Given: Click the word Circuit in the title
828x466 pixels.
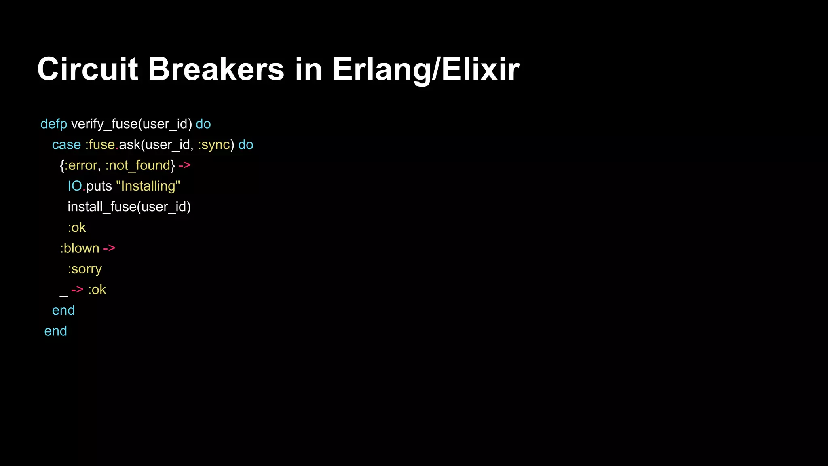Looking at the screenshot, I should click(x=87, y=69).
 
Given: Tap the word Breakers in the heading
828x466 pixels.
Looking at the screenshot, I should click(x=216, y=69).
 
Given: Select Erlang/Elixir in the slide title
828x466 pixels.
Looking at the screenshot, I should click(x=426, y=69).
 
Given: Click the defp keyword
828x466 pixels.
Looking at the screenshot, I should click(x=54, y=124).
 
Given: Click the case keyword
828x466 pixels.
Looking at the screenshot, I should click(x=66, y=145).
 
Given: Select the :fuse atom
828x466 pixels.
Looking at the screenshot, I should click(x=100, y=145).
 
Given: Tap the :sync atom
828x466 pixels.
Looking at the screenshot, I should click(x=214, y=145).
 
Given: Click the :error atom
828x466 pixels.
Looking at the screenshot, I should click(x=80, y=165).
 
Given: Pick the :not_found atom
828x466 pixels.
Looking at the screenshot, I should click(x=138, y=165).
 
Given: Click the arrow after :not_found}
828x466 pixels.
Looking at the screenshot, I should click(x=184, y=165).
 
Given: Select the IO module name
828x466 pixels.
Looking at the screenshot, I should click(x=75, y=186).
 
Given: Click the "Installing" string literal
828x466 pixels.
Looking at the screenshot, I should click(x=148, y=186).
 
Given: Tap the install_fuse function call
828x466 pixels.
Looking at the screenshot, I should click(x=102, y=207).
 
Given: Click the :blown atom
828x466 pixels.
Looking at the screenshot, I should click(x=80, y=248).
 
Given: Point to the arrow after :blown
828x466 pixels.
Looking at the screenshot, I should click(x=109, y=248).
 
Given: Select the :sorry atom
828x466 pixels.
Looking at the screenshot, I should click(x=84, y=269).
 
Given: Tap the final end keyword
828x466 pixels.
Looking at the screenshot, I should click(x=56, y=331).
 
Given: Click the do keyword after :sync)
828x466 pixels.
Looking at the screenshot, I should click(x=246, y=145).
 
